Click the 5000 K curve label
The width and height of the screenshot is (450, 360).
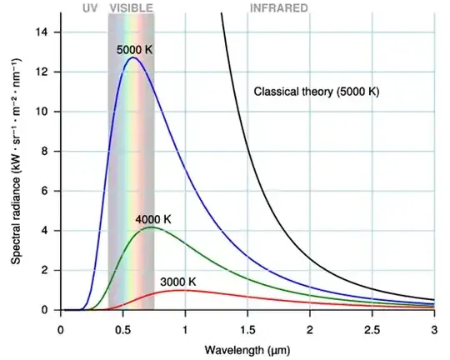coord(135,50)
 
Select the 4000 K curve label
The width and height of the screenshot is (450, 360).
coord(153,219)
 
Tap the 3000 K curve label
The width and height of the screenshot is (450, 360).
coord(178,282)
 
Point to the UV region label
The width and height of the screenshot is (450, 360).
coord(91,7)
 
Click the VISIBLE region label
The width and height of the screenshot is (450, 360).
coord(132,7)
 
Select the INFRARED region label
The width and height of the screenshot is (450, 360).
coord(278,7)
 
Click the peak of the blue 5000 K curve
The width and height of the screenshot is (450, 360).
coord(132,57)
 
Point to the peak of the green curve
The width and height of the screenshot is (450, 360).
coord(150,227)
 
